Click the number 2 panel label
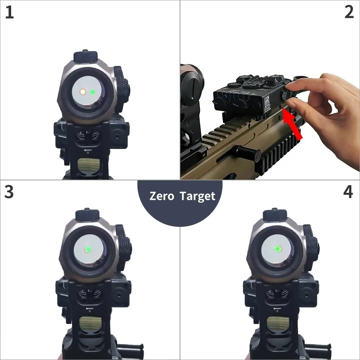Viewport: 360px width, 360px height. [349, 13]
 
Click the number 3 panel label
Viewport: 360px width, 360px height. [9, 192]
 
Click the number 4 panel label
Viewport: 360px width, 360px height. [348, 192]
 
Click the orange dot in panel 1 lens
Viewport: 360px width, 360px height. [82, 92]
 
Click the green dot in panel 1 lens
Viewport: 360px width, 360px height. [93, 92]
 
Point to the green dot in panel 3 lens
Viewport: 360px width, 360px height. [87, 249]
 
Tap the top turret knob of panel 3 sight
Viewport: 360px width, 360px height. [88, 215]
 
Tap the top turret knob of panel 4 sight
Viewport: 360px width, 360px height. [275, 215]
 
